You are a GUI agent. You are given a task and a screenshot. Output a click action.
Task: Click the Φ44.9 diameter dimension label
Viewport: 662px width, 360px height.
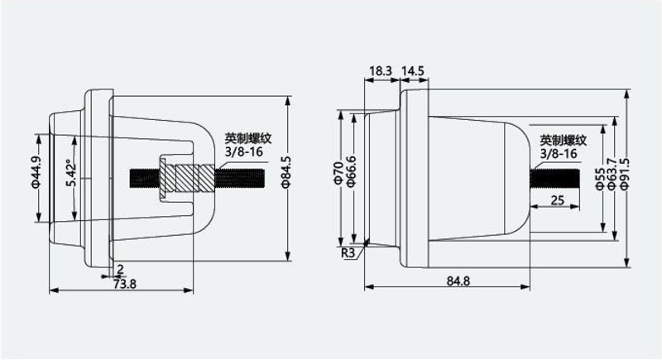click(x=36, y=172)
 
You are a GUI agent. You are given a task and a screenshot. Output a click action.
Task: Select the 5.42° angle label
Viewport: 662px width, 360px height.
click(x=71, y=172)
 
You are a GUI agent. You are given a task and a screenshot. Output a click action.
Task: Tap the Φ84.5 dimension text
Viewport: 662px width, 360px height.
click(x=285, y=171)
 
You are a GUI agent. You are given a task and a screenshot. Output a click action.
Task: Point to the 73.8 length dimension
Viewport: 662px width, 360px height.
click(x=125, y=284)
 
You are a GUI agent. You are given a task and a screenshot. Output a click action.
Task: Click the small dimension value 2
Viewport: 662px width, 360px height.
click(x=120, y=269)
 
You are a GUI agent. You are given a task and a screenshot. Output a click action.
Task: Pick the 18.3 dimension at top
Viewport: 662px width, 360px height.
click(x=381, y=71)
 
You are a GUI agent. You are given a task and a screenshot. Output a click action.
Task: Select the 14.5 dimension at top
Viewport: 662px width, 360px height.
click(x=412, y=71)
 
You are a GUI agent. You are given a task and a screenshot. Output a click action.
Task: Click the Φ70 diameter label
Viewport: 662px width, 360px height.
click(x=338, y=172)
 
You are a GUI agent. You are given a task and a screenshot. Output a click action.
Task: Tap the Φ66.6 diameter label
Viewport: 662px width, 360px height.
click(x=351, y=171)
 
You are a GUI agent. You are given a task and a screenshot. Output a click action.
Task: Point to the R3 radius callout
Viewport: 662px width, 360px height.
click(x=348, y=253)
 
